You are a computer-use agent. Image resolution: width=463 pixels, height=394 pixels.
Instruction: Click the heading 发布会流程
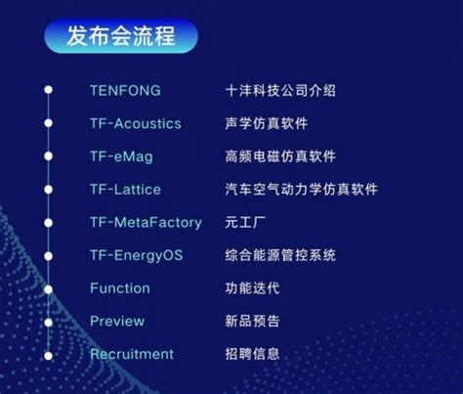[121, 35]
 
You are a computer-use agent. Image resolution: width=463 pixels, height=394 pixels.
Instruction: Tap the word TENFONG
[125, 90]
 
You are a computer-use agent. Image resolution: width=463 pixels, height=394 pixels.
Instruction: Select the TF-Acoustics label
[136, 123]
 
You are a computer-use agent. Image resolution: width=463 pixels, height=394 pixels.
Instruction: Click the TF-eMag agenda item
[121, 156]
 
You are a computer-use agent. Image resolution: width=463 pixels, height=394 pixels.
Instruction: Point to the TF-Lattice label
[125, 190]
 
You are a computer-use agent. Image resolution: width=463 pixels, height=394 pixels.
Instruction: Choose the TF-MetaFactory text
[146, 223]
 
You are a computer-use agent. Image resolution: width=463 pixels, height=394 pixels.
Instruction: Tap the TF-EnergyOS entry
[137, 255]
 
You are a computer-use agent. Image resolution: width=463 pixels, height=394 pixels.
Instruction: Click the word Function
[120, 288]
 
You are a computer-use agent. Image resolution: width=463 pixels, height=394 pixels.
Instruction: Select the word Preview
[117, 322]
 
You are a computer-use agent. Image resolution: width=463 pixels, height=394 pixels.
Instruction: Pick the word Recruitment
[132, 354]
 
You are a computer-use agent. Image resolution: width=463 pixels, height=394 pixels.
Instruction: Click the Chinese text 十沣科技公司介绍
[280, 90]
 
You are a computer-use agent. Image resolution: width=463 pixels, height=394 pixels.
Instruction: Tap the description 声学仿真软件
[267, 123]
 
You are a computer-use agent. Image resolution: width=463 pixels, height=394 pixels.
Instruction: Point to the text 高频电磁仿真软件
[280, 156]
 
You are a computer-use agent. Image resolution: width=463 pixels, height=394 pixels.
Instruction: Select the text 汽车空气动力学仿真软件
[301, 190]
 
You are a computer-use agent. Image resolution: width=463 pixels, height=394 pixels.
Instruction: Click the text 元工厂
[245, 223]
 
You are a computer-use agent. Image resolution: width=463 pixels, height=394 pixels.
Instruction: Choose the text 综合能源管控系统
[280, 255]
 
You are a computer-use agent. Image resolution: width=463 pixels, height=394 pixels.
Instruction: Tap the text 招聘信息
[252, 354]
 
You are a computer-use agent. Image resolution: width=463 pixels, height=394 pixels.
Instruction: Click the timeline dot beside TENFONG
[49, 90]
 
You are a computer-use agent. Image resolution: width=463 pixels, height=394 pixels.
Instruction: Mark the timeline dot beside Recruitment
[49, 356]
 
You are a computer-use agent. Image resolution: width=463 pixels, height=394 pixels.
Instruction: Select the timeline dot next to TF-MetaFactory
[49, 223]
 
